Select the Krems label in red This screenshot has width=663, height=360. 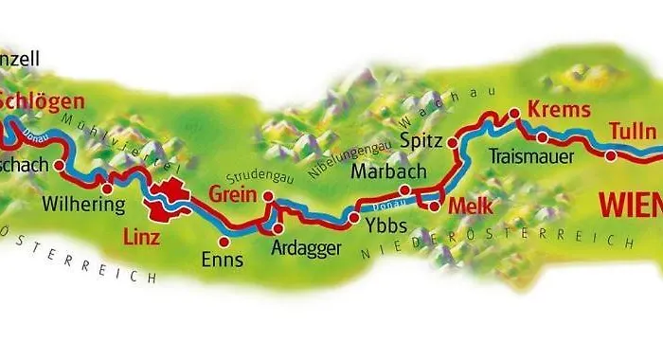pos(547,109)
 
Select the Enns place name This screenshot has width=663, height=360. pos(223,258)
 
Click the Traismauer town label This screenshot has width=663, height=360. pos(532,156)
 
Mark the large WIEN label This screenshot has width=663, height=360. pos(630,203)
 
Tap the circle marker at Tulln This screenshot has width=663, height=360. pos(611,155)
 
